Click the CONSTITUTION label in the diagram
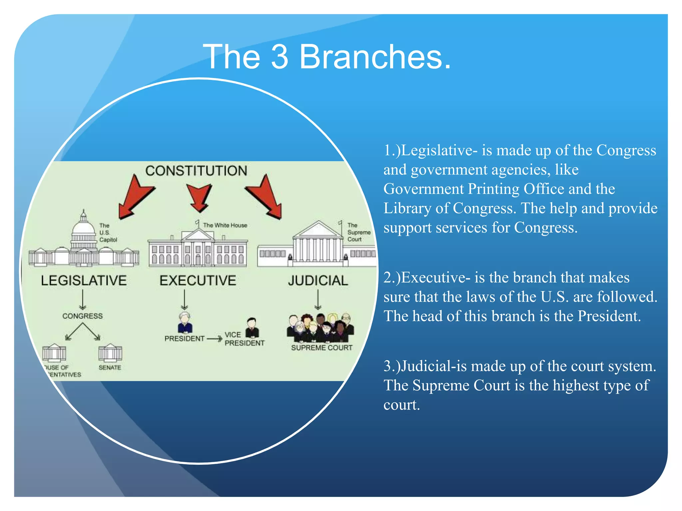[x=196, y=171]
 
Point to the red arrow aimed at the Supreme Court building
[x=266, y=198]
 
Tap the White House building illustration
[x=198, y=250]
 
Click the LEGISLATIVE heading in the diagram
[x=84, y=280]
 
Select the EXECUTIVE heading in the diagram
[x=198, y=280]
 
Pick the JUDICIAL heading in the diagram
[x=318, y=280]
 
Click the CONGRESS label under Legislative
[x=83, y=316]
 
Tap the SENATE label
[x=110, y=367]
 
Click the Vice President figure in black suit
[x=252, y=328]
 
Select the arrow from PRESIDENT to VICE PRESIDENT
[x=214, y=339]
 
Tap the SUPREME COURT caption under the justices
[x=321, y=348]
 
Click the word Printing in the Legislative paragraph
[x=494, y=189]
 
